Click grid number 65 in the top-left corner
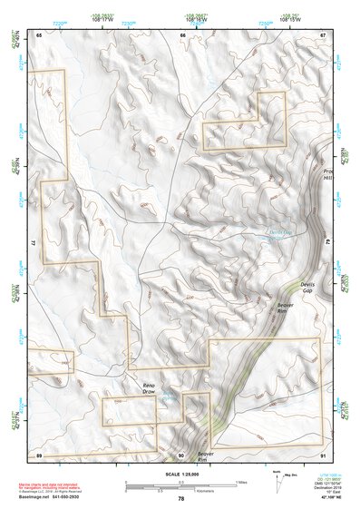[x=39, y=34]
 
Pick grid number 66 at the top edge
[x=182, y=34]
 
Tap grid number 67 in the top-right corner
[x=322, y=34]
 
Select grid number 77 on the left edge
[x=34, y=244]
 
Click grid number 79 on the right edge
[x=326, y=244]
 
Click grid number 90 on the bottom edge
[x=181, y=454]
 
